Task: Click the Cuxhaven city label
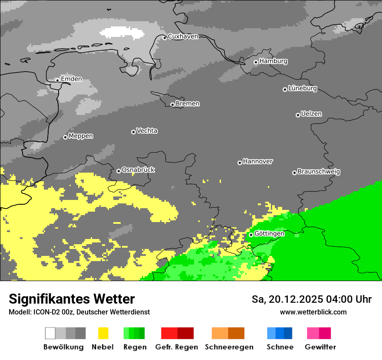[183, 36]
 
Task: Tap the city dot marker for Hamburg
[256, 62]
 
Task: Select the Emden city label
[71, 79]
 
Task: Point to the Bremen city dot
[172, 105]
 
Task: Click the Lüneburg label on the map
[303, 88]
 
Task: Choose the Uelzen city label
[311, 114]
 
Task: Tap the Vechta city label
[147, 131]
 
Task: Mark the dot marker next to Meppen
[65, 137]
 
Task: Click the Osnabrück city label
[138, 170]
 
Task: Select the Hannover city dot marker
[240, 163]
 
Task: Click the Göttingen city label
[269, 234]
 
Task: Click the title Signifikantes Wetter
[72, 299]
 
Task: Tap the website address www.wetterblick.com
[313, 312]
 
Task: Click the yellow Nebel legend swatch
[103, 333]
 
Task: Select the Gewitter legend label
[320, 347]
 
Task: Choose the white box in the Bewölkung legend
[50, 333]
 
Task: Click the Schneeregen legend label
[229, 347]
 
